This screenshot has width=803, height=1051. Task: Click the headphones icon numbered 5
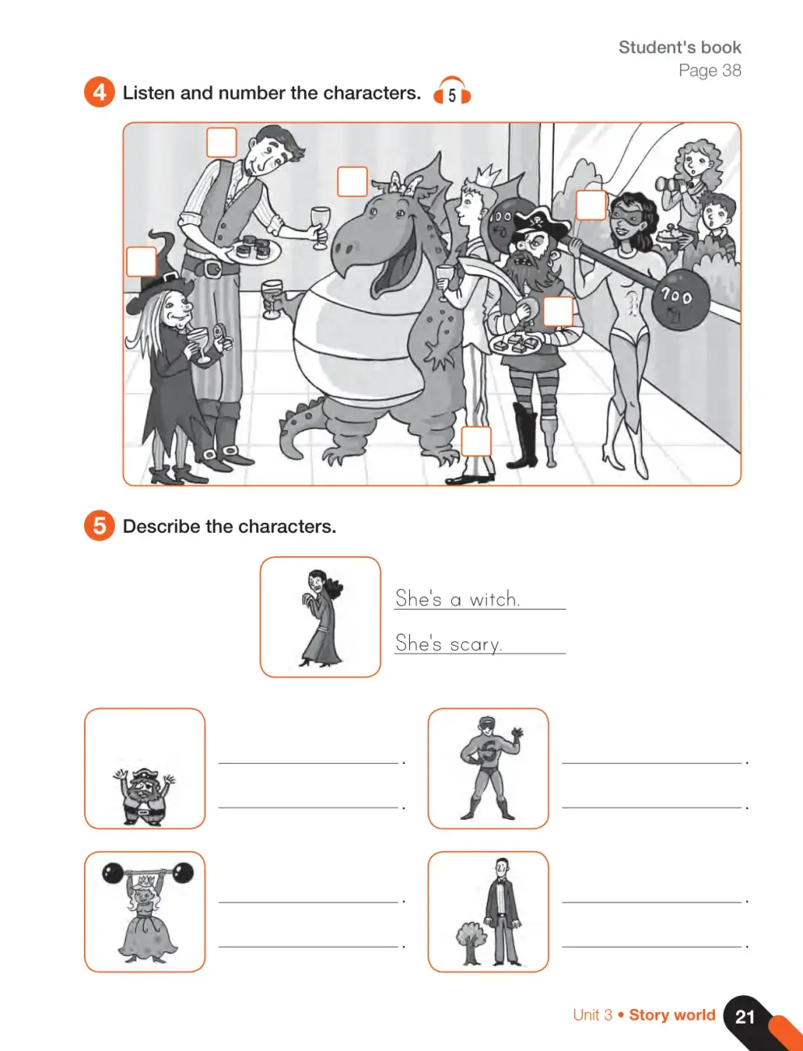click(x=452, y=91)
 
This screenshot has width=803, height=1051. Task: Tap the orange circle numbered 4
click(x=99, y=92)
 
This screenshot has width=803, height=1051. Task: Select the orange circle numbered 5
click(x=99, y=525)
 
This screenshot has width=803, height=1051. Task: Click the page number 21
click(x=745, y=1016)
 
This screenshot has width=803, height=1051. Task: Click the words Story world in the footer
click(x=672, y=1015)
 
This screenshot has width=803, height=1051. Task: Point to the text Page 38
click(x=710, y=70)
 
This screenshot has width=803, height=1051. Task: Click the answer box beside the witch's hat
click(x=142, y=262)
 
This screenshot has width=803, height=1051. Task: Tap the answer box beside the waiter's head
click(x=222, y=142)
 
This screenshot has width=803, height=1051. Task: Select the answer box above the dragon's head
click(x=353, y=181)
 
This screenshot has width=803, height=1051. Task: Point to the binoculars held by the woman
click(x=672, y=183)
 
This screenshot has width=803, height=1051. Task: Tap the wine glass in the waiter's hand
click(x=320, y=226)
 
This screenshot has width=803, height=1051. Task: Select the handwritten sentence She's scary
click(x=449, y=643)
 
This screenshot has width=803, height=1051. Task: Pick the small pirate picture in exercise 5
click(x=144, y=796)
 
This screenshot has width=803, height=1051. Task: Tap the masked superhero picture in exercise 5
click(x=489, y=768)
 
